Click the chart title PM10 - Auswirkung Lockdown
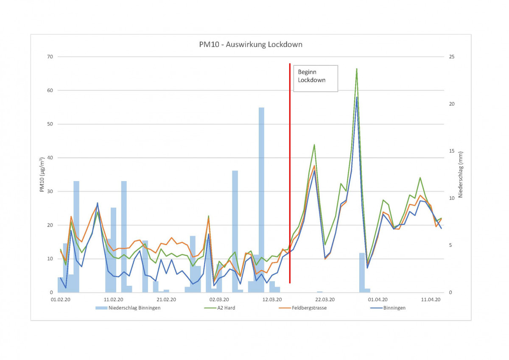click(x=251, y=44)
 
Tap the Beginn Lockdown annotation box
click(x=315, y=78)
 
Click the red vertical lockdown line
click(x=290, y=170)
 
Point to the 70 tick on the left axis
click(x=49, y=57)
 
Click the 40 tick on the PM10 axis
click(x=49, y=158)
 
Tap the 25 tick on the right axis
click(x=452, y=57)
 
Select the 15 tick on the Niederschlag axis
click(x=452, y=151)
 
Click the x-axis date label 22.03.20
click(x=325, y=299)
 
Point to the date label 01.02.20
click(x=60, y=299)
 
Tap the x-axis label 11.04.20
click(x=431, y=299)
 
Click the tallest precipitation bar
click(x=261, y=199)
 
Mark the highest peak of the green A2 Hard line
click(x=357, y=69)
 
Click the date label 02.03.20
click(x=219, y=299)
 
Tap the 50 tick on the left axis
click(x=49, y=124)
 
